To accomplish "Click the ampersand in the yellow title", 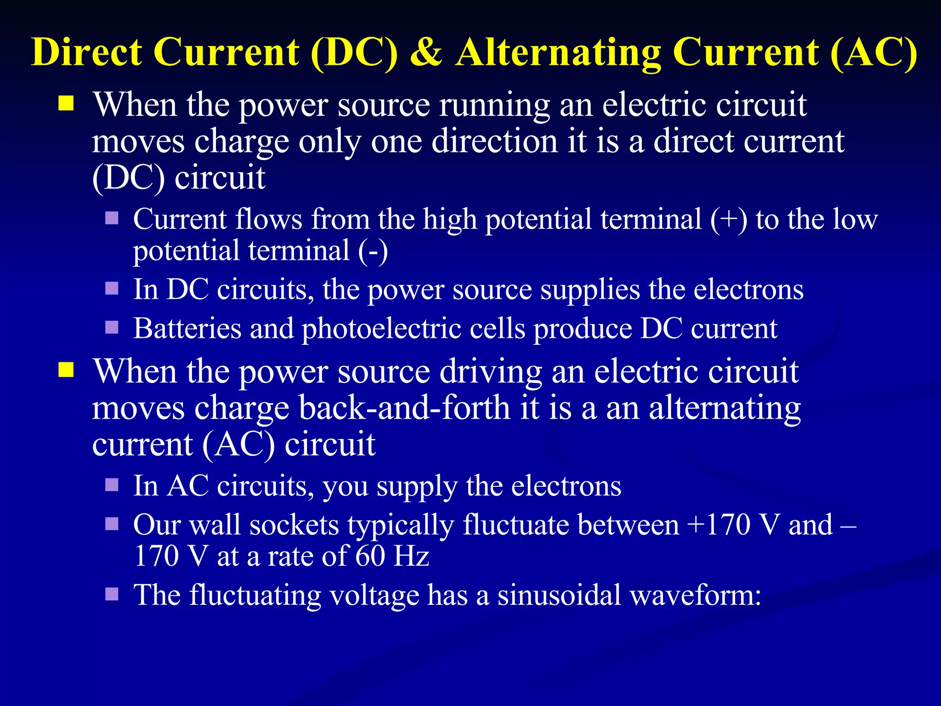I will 425,52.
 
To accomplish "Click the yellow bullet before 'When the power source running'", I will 66,104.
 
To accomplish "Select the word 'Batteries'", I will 187,329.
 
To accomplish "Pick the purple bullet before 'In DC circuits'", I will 112,289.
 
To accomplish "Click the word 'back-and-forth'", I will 404,408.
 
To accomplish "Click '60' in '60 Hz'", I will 370,556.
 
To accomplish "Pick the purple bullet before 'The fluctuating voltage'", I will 112,594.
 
